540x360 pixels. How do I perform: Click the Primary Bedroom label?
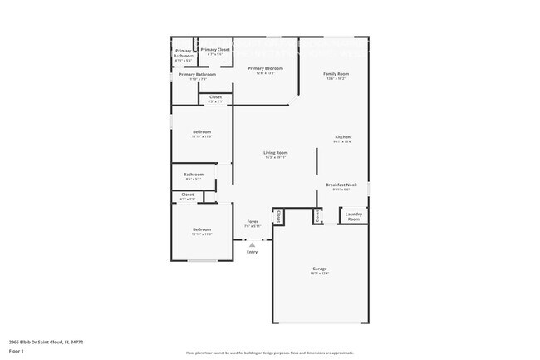[266, 68]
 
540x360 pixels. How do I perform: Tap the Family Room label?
[336, 74]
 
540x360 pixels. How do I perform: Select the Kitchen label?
[342, 137]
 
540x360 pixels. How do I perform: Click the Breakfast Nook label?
[341, 185]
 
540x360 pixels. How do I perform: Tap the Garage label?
[320, 269]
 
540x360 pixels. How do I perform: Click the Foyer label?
[253, 222]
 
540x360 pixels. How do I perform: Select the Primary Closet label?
[214, 50]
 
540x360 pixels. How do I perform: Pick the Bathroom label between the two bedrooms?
[194, 175]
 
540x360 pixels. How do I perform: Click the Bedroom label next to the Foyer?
[202, 229]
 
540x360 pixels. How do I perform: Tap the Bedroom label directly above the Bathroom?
[202, 132]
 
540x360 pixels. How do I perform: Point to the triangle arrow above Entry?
[252, 244]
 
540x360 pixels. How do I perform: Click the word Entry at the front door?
[252, 252]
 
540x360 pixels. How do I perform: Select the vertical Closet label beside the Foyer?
[278, 216]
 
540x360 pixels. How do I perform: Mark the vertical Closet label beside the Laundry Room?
[317, 216]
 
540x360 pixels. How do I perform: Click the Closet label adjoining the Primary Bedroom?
[215, 97]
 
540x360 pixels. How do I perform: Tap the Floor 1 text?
[17, 350]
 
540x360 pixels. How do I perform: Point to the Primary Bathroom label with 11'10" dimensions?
[198, 75]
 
